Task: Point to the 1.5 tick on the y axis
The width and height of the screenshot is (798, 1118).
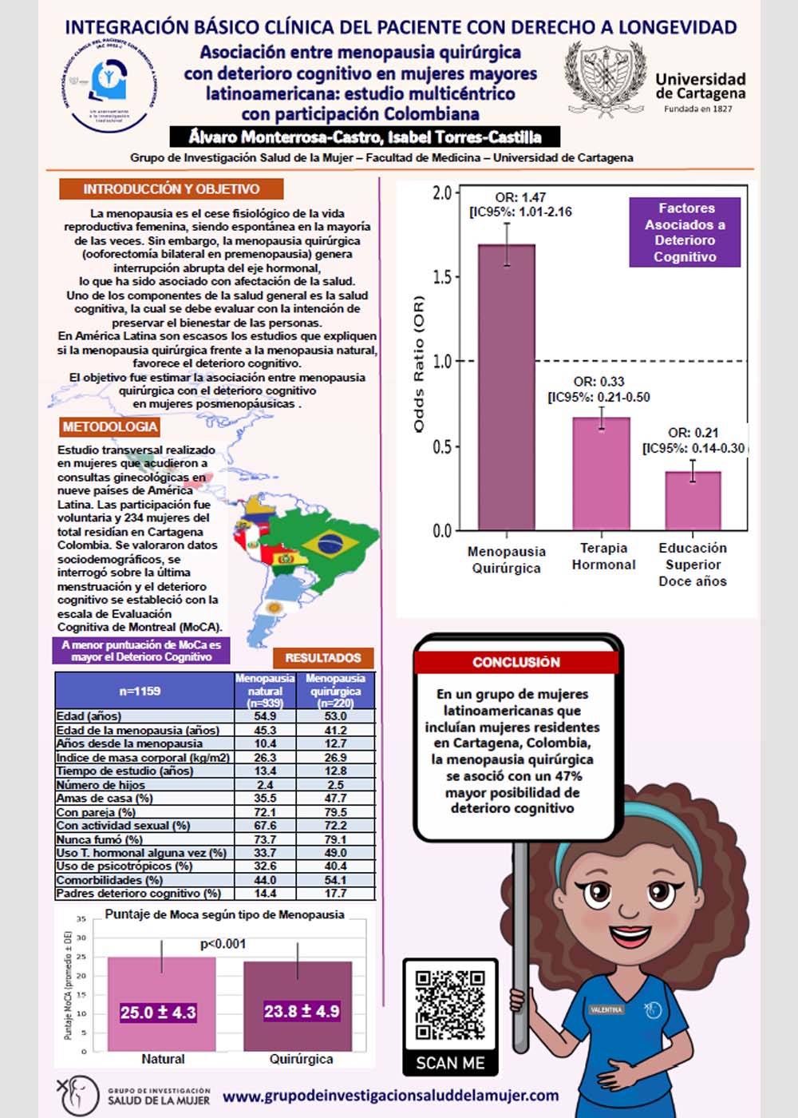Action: pyautogui.click(x=442, y=277)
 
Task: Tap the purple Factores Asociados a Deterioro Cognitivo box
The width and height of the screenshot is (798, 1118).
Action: pyautogui.click(x=685, y=232)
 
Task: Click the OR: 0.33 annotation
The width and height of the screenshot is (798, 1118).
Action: pyautogui.click(x=598, y=382)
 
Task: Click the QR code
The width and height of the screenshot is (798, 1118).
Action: pyautogui.click(x=450, y=1005)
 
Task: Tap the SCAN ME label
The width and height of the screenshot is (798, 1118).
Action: pyautogui.click(x=450, y=1063)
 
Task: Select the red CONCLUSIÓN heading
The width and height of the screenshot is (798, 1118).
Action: pyautogui.click(x=516, y=662)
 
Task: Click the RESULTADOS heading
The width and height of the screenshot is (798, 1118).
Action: pyautogui.click(x=323, y=658)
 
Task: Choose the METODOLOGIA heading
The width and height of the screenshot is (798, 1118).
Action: pyautogui.click(x=110, y=427)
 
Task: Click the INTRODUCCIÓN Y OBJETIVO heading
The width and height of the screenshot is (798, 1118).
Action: pyautogui.click(x=172, y=189)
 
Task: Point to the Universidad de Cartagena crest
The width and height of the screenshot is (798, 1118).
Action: pyautogui.click(x=604, y=80)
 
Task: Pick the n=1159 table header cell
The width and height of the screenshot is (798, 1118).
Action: pyautogui.click(x=140, y=691)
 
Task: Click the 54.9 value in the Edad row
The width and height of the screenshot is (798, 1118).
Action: pyautogui.click(x=265, y=716)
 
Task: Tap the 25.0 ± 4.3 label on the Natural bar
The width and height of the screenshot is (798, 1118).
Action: pyautogui.click(x=158, y=1013)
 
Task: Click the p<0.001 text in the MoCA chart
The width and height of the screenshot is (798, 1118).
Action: pyautogui.click(x=223, y=944)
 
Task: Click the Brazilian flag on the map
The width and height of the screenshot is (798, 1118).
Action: pyautogui.click(x=329, y=544)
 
